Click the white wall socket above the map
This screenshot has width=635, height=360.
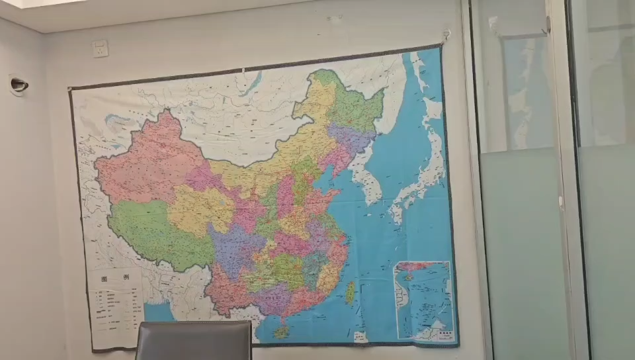tap(100, 48)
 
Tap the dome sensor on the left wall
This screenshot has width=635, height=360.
tap(19, 84)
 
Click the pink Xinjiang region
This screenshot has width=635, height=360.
tap(149, 162)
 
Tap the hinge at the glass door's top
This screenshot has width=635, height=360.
tap(548, 25)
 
